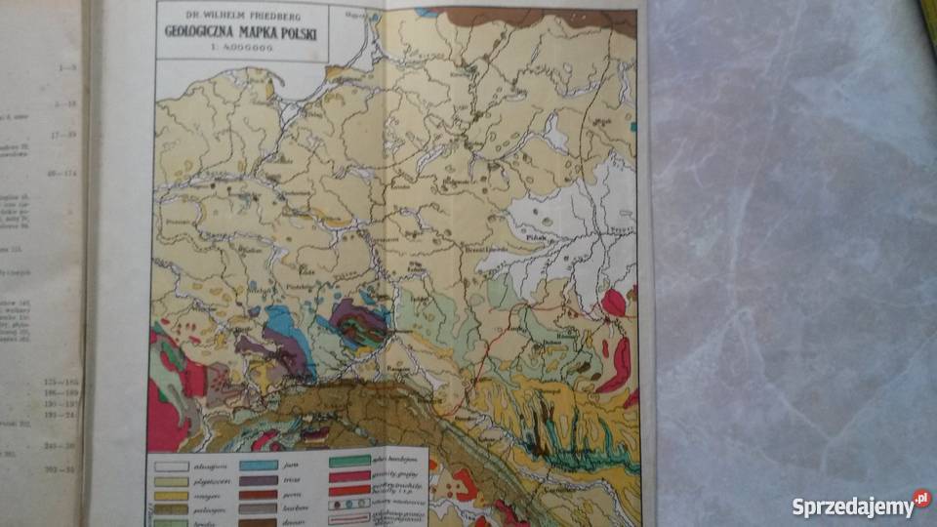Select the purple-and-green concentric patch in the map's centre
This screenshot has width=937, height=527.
click(358, 322)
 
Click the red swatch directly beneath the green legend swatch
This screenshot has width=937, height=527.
click(348, 475)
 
